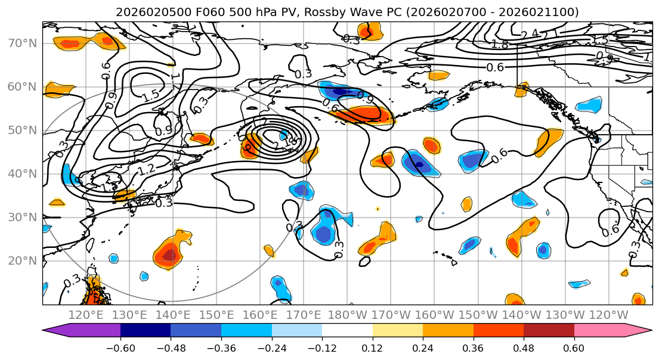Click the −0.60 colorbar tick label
point(120,348)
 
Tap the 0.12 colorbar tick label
point(373,348)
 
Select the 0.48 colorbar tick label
point(524,348)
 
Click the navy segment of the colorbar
point(146,331)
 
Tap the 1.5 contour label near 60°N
point(151,94)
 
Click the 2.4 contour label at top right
point(529,35)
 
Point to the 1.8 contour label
point(499,44)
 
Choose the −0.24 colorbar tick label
point(271,348)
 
